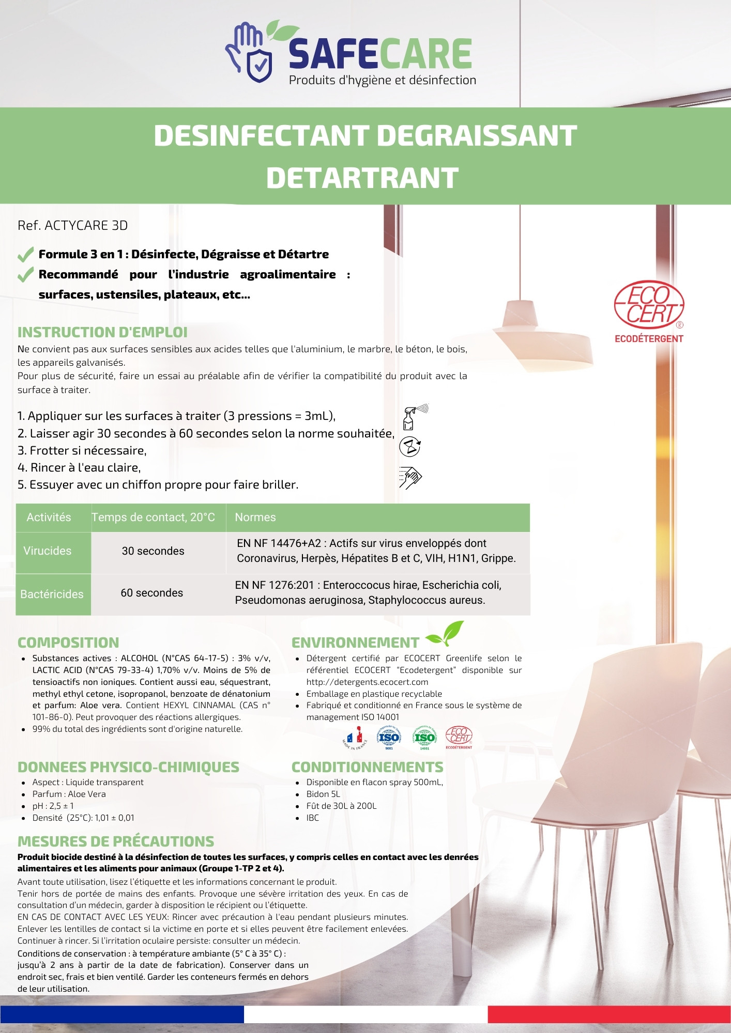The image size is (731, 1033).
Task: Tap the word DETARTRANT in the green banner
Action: pyautogui.click(x=362, y=178)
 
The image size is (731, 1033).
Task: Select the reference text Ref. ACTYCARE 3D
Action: pyautogui.click(x=72, y=226)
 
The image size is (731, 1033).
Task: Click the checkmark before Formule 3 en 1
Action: pyautogui.click(x=25, y=255)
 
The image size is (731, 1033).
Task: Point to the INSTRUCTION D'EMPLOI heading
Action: pyautogui.click(x=102, y=332)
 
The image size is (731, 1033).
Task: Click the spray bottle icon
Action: pyautogui.click(x=415, y=417)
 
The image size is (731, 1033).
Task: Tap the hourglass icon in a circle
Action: pyautogui.click(x=410, y=446)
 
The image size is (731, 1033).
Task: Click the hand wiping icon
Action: pyautogui.click(x=410, y=477)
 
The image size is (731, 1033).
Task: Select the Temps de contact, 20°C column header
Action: pyautogui.click(x=154, y=518)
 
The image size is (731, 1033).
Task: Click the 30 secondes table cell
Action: pyautogui.click(x=153, y=551)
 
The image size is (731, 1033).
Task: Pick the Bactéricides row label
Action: pyautogui.click(x=52, y=594)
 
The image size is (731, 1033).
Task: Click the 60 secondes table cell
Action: pyautogui.click(x=152, y=593)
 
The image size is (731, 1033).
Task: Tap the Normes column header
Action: pyautogui.click(x=255, y=518)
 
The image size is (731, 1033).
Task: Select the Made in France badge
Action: pyautogui.click(x=355, y=738)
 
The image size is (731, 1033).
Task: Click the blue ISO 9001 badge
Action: pyautogui.click(x=389, y=738)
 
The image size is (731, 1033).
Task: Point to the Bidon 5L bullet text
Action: pyautogui.click(x=323, y=794)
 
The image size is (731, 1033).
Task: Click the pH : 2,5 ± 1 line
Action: pyautogui.click(x=53, y=806)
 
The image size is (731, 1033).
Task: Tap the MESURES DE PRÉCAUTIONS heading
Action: pyautogui.click(x=116, y=841)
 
